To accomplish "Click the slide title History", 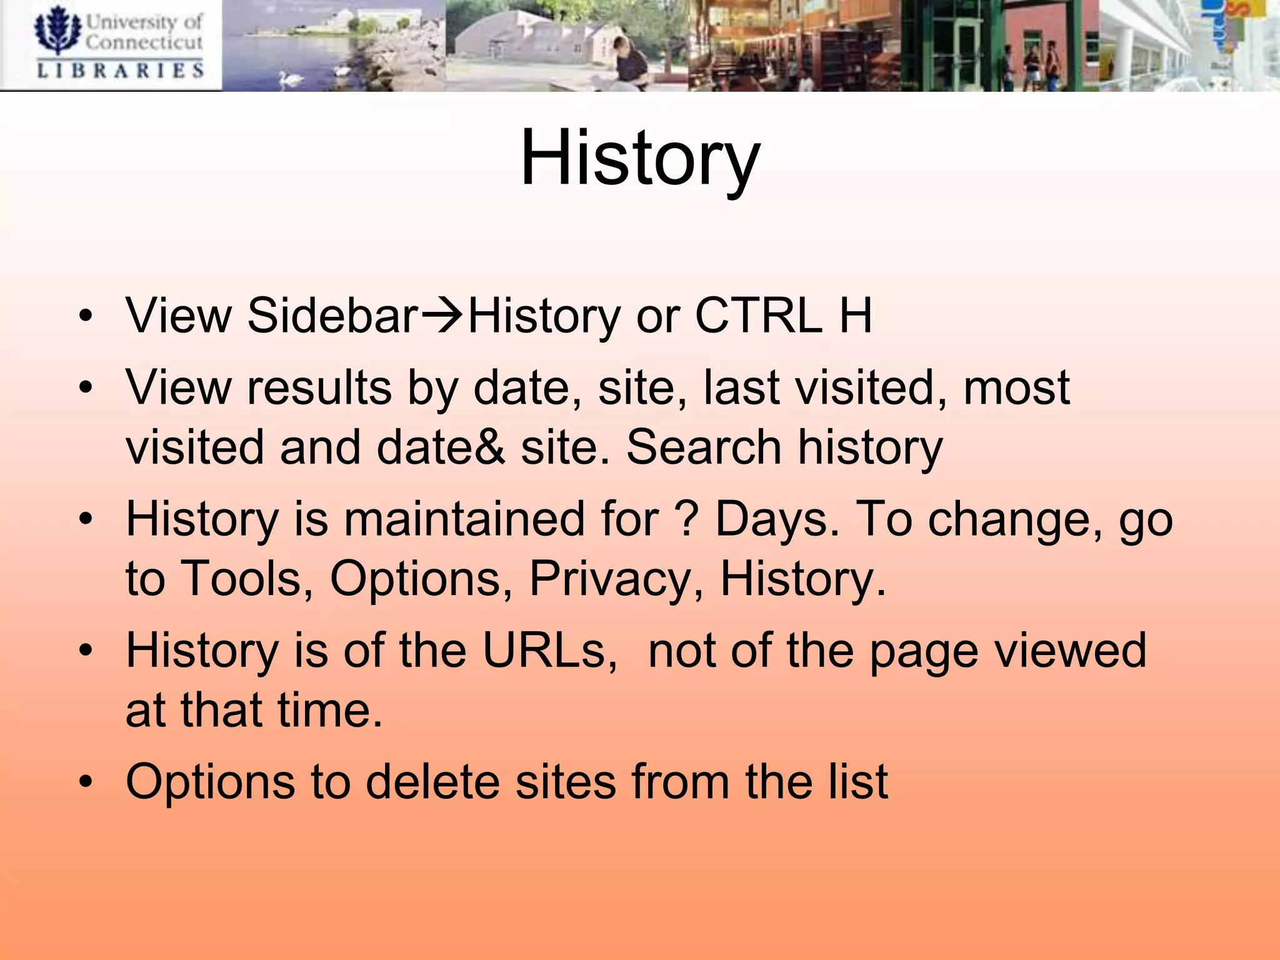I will click(x=639, y=157).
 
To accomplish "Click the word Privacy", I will click(x=609, y=579).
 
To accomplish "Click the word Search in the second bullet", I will click(x=704, y=447).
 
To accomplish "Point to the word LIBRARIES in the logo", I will click(x=121, y=70).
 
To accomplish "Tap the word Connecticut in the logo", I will click(x=144, y=42).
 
